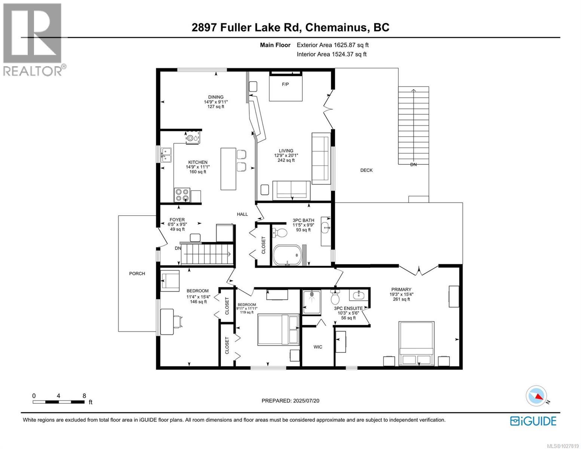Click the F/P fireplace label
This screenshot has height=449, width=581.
tap(285, 84)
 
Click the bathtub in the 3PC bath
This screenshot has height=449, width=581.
tap(287, 255)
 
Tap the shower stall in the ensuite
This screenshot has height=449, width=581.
tap(311, 301)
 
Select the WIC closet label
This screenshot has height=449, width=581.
tap(318, 347)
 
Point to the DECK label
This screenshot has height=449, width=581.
tap(366, 170)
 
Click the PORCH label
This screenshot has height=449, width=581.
tap(137, 274)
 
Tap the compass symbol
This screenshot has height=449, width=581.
tap(536, 396)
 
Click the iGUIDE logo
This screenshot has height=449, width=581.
tap(533, 421)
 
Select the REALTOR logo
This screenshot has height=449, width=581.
tap(33, 39)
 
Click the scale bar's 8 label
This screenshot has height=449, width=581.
tap(84, 396)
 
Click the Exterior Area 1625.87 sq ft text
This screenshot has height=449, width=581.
tap(333, 45)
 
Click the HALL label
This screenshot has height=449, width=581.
tap(242, 214)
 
